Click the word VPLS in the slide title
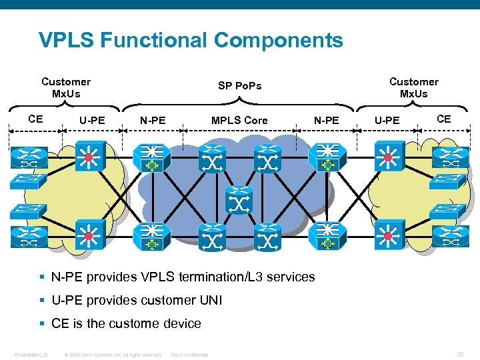coord(67,41)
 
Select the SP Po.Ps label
coord(240,85)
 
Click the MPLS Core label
coord(239,121)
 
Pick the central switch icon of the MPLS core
coord(239,200)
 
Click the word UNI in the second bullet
coord(211,301)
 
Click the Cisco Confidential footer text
coord(189,355)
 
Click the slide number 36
coord(460,354)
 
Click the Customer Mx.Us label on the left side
coord(66,87)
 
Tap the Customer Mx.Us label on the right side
coord(414,87)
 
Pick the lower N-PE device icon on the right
coord(326,237)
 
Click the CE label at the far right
coord(443,119)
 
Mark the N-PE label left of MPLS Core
coord(153,121)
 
